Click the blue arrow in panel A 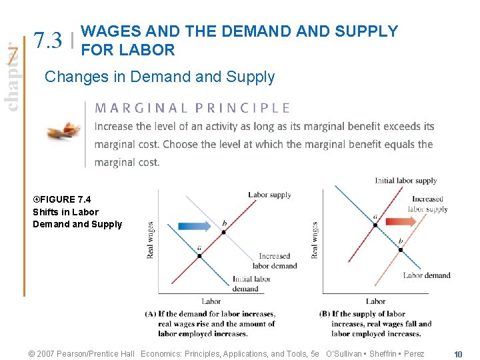coord(194,226)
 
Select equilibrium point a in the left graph coord(199,255)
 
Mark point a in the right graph coord(375,225)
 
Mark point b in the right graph coord(401,249)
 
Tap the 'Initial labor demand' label coord(251,284)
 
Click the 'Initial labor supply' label coord(405,181)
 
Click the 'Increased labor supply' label coord(427,204)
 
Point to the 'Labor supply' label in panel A coord(269,195)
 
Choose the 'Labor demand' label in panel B coord(427,275)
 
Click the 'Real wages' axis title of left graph coord(151,239)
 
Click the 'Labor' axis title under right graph coord(376,301)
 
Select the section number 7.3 coord(49,41)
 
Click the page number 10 coord(458,354)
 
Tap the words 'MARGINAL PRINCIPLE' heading coord(193,108)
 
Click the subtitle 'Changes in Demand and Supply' coord(159,77)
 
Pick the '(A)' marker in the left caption coord(151,314)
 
